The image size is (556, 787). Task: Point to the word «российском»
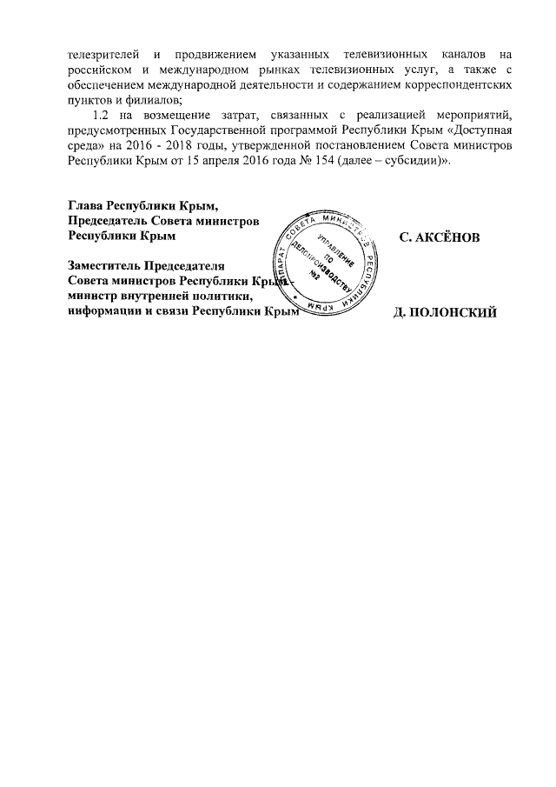(x=100, y=70)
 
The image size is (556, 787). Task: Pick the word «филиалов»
(x=150, y=100)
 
